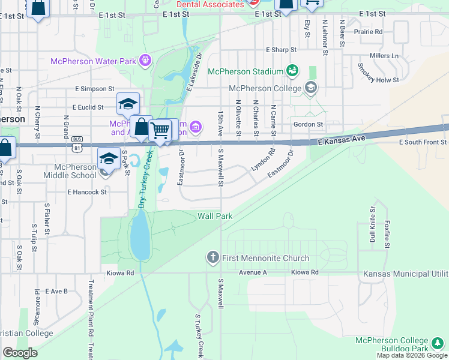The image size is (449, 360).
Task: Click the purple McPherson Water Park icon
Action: [x=144, y=59]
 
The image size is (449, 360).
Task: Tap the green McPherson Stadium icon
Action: [x=292, y=71]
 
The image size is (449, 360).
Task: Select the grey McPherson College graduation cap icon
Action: [x=310, y=89]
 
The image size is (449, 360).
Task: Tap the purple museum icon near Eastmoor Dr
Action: [x=195, y=127]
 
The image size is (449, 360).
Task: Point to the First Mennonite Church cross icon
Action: [x=212, y=258]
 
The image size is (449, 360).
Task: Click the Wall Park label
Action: [x=215, y=215]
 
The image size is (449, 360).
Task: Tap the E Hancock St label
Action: [x=87, y=192]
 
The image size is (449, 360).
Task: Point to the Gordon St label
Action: [x=309, y=124]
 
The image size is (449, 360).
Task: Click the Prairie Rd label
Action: [x=369, y=31]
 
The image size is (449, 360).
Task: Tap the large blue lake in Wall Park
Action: [x=140, y=237]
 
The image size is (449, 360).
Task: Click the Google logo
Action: [x=20, y=353]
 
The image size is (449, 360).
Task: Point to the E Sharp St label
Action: [x=282, y=50]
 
